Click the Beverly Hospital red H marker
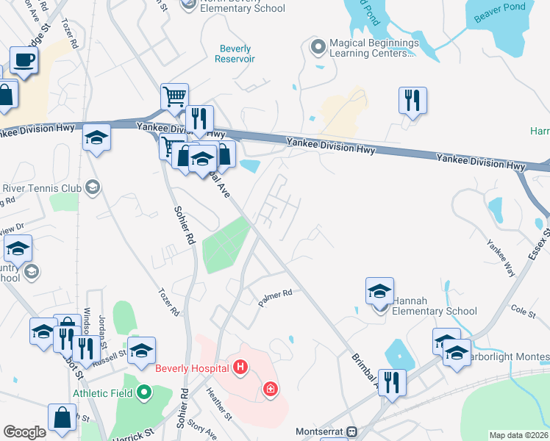[x=239, y=367]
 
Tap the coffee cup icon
[x=23, y=60]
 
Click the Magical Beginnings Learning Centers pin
[x=318, y=48]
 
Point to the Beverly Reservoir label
[x=235, y=54]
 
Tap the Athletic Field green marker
[x=144, y=393]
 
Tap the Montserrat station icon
[x=351, y=431]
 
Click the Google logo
[x=24, y=432]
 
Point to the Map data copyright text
[x=518, y=435]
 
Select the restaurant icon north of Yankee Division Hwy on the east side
[x=413, y=99]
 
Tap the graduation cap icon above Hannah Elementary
[x=379, y=290]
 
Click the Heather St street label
[x=219, y=404]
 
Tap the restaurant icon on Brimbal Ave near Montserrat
[x=392, y=381]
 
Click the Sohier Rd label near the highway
[x=184, y=225]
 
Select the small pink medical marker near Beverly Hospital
[x=271, y=388]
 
